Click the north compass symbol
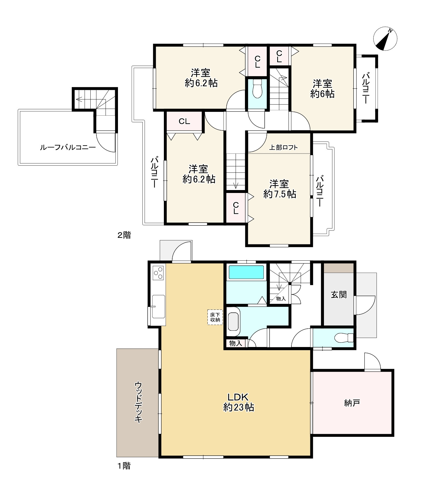(x=385, y=39)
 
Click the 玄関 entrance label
(x=339, y=294)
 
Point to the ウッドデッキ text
(x=138, y=402)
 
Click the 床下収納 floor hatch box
(x=215, y=317)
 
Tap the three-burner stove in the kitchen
(x=158, y=273)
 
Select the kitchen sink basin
(x=158, y=306)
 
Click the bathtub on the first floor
(x=246, y=272)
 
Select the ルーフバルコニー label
(x=68, y=147)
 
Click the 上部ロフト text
(x=283, y=147)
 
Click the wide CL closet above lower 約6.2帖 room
(x=184, y=121)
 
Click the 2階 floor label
(x=124, y=235)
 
